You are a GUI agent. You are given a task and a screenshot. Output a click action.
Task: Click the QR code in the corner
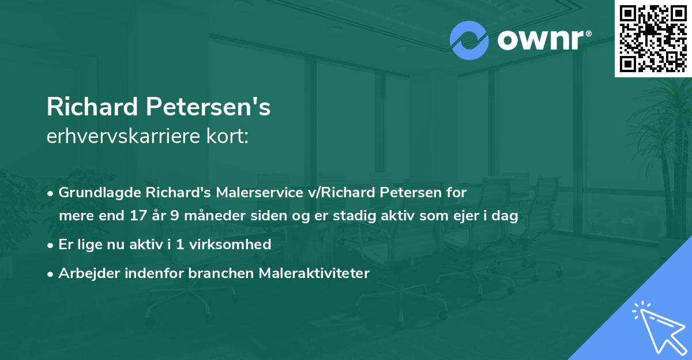[x=653, y=39]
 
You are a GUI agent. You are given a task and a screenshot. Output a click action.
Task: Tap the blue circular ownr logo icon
[x=469, y=40]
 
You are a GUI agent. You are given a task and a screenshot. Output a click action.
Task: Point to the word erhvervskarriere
[x=119, y=137]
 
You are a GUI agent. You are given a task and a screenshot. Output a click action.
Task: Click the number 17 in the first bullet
[x=134, y=216]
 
